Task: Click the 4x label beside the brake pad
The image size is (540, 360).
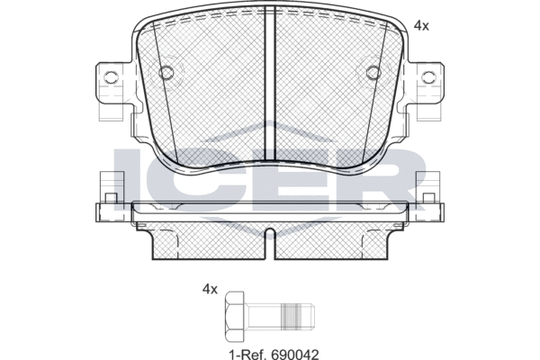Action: pyautogui.click(x=421, y=27)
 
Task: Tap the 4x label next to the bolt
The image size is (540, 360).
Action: pyautogui.click(x=210, y=290)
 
